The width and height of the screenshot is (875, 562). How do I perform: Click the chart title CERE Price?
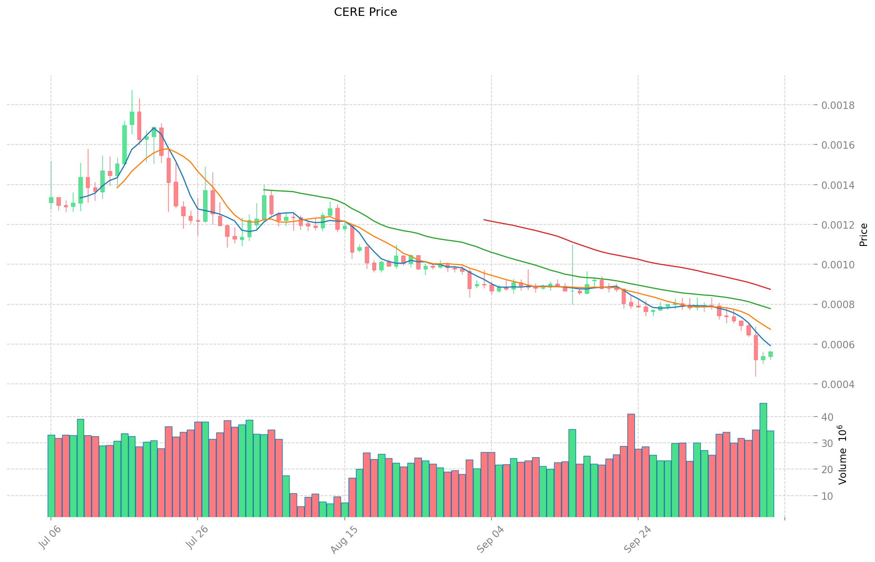pyautogui.click(x=365, y=12)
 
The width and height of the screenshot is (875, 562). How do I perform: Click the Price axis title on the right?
pyautogui.click(x=863, y=235)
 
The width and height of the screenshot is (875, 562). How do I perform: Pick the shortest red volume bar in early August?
pyautogui.click(x=300, y=511)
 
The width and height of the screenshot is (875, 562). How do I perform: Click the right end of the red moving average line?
pyautogui.click(x=770, y=289)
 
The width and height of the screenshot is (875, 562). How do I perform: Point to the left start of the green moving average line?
pyautogui.click(x=264, y=190)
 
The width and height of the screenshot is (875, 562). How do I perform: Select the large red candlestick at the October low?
pyautogui.click(x=755, y=347)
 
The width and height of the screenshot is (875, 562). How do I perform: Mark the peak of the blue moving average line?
pyautogui.click(x=154, y=128)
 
